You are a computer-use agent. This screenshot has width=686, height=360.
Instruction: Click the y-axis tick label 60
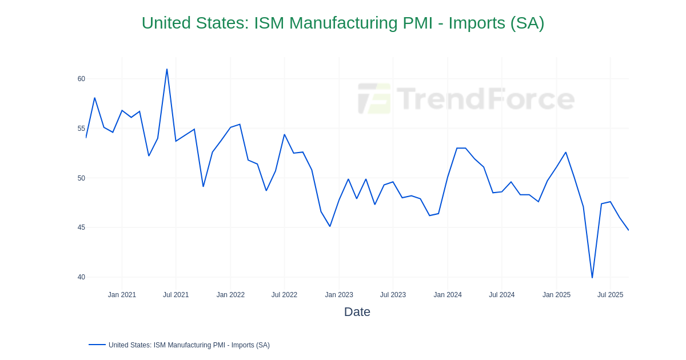[x=81, y=79]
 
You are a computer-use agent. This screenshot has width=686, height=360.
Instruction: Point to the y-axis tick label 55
[x=81, y=129]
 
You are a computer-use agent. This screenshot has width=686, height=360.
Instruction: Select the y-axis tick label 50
[x=81, y=178]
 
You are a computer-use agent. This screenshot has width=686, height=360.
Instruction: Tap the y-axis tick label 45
[x=81, y=227]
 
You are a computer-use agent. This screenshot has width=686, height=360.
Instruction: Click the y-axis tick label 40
[x=81, y=277]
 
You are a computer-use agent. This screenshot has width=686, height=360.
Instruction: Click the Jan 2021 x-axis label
[x=122, y=295]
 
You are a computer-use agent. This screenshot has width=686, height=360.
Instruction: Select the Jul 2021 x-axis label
[x=176, y=295]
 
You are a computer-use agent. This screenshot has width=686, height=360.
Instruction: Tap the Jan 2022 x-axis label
[x=230, y=295]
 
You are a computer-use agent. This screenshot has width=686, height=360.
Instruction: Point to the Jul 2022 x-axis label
[x=284, y=295]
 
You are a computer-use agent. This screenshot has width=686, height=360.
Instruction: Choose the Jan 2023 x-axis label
[x=339, y=295]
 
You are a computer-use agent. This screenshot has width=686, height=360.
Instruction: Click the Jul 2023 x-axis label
[x=393, y=295]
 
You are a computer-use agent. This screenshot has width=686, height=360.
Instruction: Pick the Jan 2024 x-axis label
[x=448, y=295]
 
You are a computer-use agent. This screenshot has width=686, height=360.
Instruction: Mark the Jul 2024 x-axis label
[x=501, y=295]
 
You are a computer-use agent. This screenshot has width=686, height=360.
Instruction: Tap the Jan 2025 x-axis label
[x=556, y=295]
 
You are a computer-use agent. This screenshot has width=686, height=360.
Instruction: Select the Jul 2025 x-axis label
[x=610, y=295]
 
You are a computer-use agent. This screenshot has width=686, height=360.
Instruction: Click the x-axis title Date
[x=357, y=312]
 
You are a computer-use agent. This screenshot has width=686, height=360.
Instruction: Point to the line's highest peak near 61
[x=167, y=69]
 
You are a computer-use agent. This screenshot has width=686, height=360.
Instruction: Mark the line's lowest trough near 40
[x=592, y=278]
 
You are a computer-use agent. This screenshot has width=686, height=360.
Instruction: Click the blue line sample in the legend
[x=97, y=345]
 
